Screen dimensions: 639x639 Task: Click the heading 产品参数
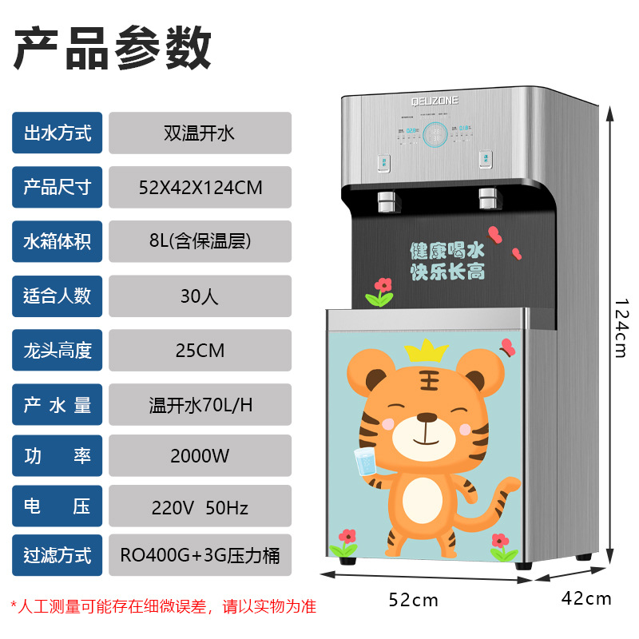[113, 48]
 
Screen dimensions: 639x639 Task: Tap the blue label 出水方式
[58, 133]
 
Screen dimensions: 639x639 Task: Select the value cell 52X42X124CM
[200, 188]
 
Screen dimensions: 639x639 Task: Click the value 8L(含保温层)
[200, 241]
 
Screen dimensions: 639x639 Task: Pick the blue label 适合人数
[58, 296]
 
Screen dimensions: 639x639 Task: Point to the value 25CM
[200, 350]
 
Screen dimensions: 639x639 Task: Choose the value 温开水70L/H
[200, 404]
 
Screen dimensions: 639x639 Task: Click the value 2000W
[200, 456]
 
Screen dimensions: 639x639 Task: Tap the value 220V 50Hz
[200, 506]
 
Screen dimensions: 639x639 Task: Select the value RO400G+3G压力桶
[200, 555]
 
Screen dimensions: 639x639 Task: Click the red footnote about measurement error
[164, 606]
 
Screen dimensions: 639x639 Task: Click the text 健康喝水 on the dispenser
[447, 250]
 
